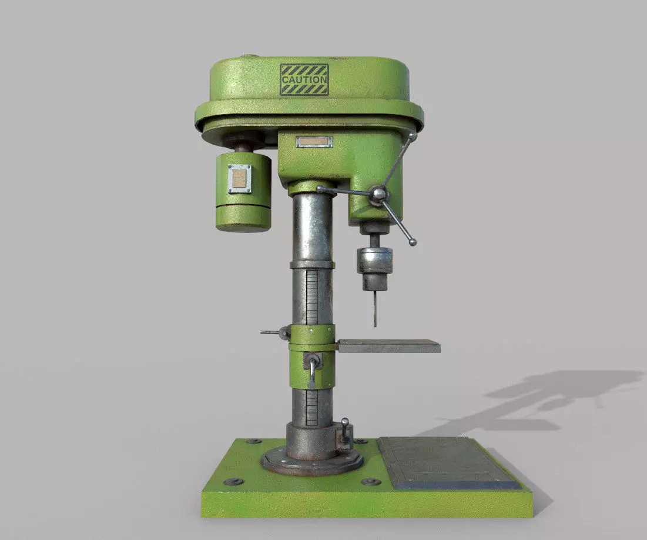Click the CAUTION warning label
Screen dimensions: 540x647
tap(304, 79)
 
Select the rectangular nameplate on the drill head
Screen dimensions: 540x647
tap(314, 142)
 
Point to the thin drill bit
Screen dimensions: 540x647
tap(374, 309)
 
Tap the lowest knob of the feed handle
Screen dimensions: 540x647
tap(413, 242)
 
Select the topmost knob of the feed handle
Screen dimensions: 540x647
tap(413, 136)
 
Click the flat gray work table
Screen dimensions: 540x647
tap(389, 346)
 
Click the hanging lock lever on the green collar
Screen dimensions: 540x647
tap(312, 371)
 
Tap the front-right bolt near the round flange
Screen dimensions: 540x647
tap(370, 481)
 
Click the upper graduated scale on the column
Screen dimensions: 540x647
tap(311, 297)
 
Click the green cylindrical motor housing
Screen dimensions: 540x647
tap(243, 191)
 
